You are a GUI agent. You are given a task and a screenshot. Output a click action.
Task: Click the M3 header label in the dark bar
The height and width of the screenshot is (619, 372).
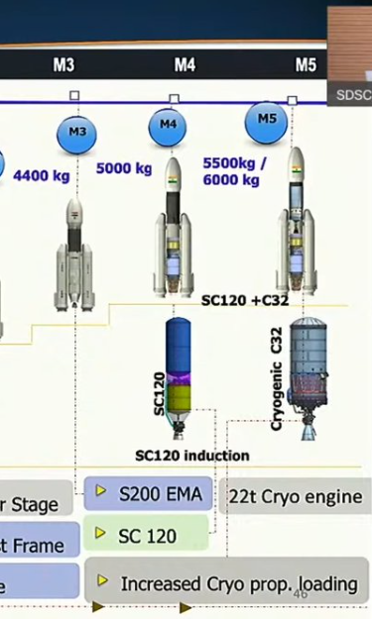63,65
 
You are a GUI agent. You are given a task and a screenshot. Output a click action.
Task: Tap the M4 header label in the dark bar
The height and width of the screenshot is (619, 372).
185,65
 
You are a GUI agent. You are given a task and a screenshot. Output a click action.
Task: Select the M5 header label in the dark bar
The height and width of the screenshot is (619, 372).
306,65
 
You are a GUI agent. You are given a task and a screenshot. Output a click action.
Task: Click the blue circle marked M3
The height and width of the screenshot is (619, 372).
77,133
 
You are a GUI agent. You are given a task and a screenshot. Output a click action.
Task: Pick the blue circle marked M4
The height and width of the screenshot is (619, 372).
168,126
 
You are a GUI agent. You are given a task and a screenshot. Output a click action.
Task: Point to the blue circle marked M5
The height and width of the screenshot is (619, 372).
266,120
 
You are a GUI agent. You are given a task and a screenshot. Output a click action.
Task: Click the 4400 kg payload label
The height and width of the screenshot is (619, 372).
42,176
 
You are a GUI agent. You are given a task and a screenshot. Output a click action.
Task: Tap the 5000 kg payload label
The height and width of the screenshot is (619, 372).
124,168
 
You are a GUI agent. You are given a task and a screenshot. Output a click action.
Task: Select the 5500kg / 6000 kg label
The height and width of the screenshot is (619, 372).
232,171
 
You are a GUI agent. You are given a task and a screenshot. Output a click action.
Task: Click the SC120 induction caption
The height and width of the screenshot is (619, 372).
192,455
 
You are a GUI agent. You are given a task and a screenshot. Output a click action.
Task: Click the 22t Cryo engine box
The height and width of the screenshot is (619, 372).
297,496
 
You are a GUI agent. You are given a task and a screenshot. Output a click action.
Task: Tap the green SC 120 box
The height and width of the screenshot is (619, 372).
147,536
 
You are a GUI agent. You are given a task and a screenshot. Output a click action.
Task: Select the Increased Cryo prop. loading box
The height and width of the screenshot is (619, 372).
227,583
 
